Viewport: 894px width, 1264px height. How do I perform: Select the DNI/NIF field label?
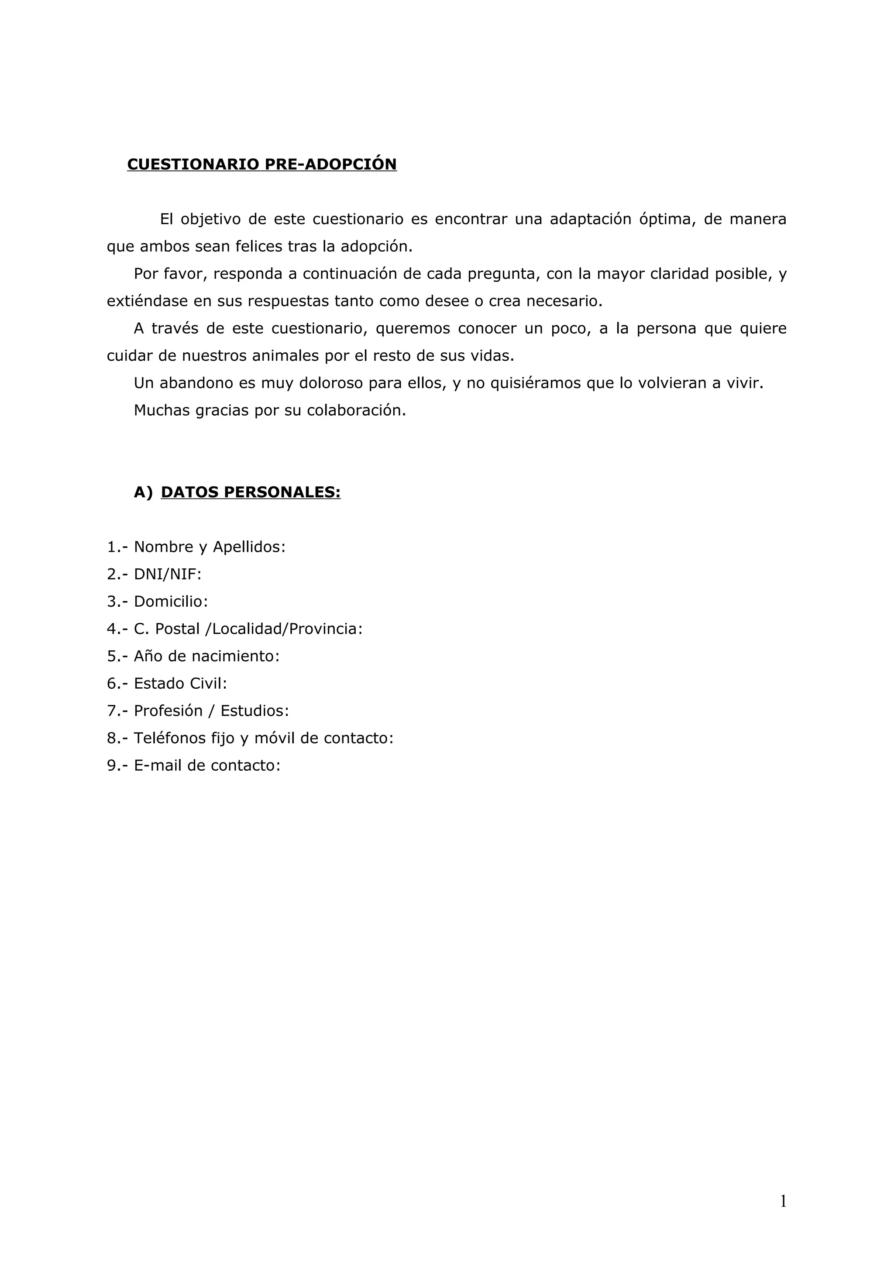(168, 574)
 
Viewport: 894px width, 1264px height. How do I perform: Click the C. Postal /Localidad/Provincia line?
(248, 629)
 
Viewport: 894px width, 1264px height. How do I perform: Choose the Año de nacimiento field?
(206, 656)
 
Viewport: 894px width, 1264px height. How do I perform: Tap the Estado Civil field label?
(180, 683)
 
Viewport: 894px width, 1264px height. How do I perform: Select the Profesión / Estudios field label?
(211, 711)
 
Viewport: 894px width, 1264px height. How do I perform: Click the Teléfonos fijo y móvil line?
(263, 738)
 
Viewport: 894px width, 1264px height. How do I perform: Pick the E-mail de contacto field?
(207, 765)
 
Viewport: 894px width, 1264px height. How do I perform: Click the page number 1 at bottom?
(783, 1202)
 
